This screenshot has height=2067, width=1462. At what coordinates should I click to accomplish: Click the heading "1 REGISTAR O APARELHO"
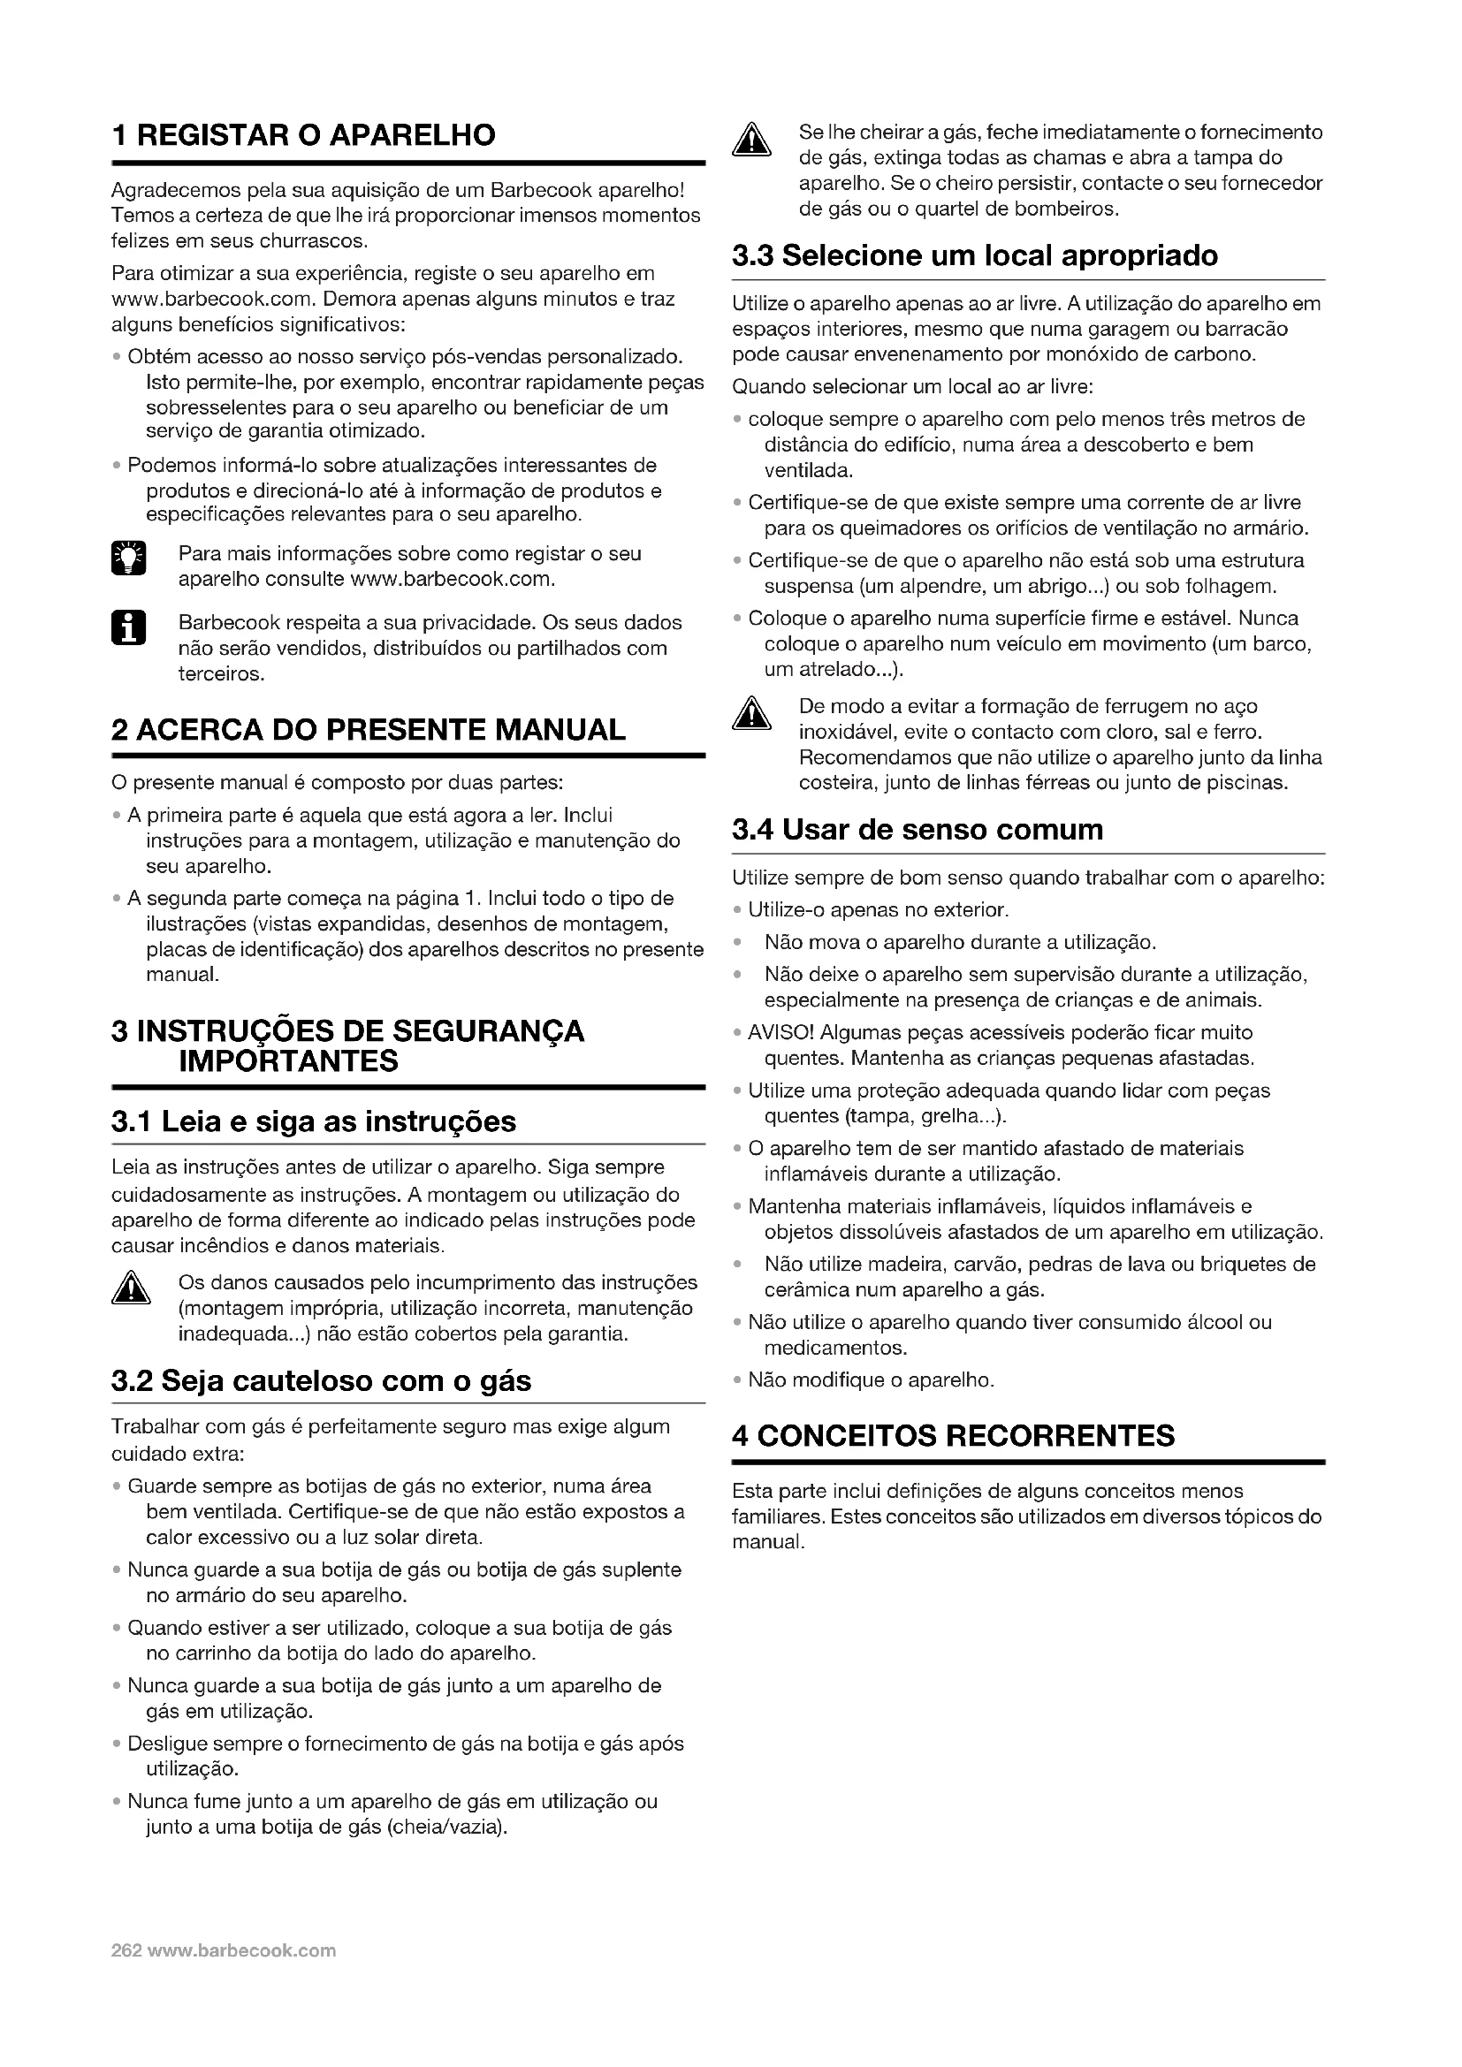pyautogui.click(x=303, y=135)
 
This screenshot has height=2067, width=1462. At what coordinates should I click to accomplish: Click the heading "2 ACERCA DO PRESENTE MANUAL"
pyautogui.click(x=369, y=729)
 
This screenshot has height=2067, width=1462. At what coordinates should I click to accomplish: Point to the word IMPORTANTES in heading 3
pyautogui.click(x=288, y=1061)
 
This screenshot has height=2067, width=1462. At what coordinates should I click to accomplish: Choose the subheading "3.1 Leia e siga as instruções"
pyautogui.click(x=313, y=1121)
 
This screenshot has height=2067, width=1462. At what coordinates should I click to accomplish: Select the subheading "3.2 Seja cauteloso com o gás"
pyautogui.click(x=322, y=1381)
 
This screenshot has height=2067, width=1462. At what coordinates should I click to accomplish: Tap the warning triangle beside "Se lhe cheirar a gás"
pyautogui.click(x=750, y=141)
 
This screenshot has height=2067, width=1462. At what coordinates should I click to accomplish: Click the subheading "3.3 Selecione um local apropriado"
pyautogui.click(x=975, y=255)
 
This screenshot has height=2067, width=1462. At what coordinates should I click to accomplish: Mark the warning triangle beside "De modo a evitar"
pyautogui.click(x=750, y=715)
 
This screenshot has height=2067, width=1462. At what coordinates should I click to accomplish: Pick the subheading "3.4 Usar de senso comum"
pyautogui.click(x=918, y=829)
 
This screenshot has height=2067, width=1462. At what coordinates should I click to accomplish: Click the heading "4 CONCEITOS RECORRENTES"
pyautogui.click(x=954, y=1435)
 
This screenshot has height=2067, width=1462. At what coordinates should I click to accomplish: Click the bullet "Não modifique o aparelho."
pyautogui.click(x=871, y=1380)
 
